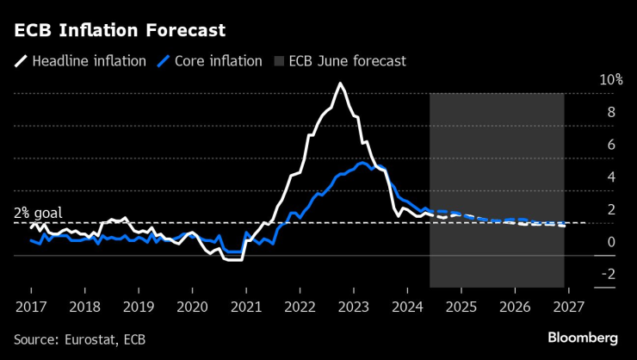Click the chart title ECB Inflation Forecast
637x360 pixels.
[120, 31]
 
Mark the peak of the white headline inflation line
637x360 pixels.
[340, 84]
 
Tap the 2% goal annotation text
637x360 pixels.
[37, 213]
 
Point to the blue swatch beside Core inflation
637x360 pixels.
[166, 61]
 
